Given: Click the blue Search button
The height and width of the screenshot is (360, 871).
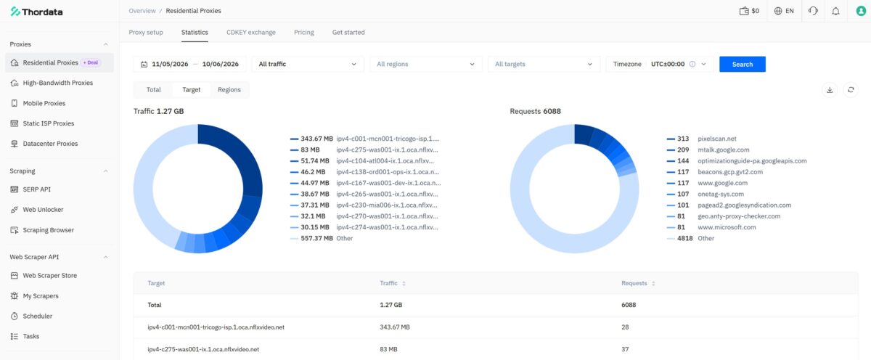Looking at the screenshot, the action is pyautogui.click(x=743, y=64).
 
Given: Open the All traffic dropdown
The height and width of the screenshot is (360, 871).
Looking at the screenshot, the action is pyautogui.click(x=307, y=64).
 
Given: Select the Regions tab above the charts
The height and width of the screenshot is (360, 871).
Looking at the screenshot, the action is pyautogui.click(x=229, y=90).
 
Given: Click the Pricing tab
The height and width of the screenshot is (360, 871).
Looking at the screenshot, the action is pyautogui.click(x=303, y=32).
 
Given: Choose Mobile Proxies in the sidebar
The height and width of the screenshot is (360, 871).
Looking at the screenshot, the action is pyautogui.click(x=44, y=103).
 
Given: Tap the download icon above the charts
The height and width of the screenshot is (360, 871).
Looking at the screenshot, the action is pyautogui.click(x=830, y=90).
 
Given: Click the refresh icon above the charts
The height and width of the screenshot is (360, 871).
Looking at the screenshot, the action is pyautogui.click(x=851, y=90).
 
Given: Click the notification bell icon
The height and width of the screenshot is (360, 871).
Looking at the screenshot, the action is pyautogui.click(x=835, y=11).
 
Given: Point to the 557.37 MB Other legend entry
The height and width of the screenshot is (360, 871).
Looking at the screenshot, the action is pyautogui.click(x=322, y=238).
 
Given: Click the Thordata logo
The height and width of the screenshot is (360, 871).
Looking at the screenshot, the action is pyautogui.click(x=36, y=12).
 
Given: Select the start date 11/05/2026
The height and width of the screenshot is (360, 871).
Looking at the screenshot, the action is pyautogui.click(x=170, y=64).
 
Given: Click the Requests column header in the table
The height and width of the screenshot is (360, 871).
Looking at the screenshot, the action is pyautogui.click(x=634, y=283).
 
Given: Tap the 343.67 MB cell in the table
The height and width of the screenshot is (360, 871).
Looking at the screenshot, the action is pyautogui.click(x=395, y=327).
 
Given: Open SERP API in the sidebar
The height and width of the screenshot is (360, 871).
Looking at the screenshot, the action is pyautogui.click(x=36, y=189).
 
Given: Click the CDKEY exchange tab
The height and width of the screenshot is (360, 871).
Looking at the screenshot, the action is pyautogui.click(x=251, y=32).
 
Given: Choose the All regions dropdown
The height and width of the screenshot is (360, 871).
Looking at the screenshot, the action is pyautogui.click(x=426, y=64).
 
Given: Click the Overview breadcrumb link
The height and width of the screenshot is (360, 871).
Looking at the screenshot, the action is pyautogui.click(x=142, y=11).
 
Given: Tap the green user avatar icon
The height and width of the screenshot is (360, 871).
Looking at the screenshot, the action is pyautogui.click(x=861, y=11).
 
